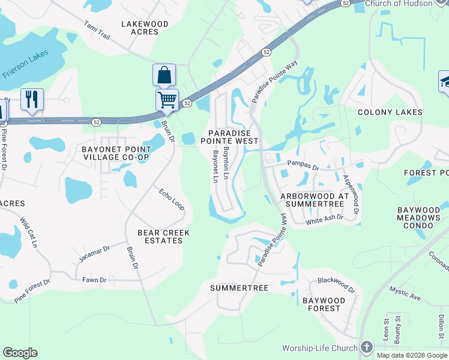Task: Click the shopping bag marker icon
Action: [164, 75]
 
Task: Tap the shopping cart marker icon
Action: [167, 99]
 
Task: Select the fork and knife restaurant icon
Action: [32, 99]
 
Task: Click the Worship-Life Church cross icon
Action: [367, 348]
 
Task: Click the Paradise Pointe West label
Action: [233, 136]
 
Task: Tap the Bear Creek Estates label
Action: [163, 236]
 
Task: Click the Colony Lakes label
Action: [390, 112]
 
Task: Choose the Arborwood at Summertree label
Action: [314, 200]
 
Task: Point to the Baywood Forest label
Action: [324, 304]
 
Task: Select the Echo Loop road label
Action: [172, 200]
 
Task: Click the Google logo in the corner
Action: [20, 353]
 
